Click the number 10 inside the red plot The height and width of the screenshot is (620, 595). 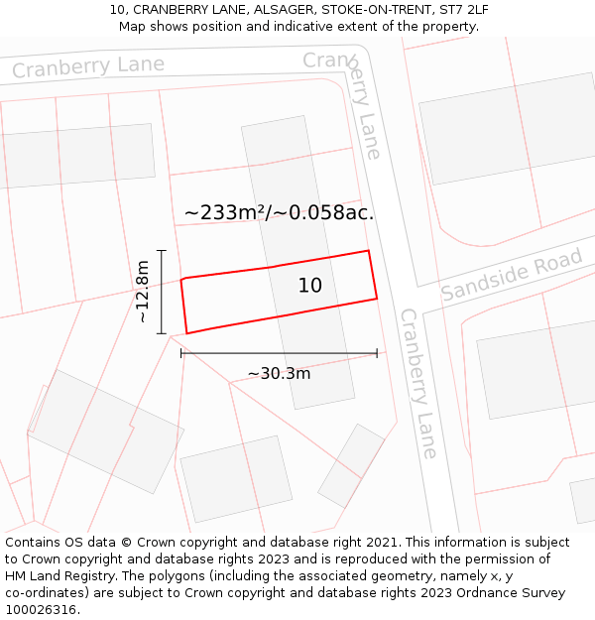point(310,286)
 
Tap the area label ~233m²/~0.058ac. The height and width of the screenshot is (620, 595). point(279,213)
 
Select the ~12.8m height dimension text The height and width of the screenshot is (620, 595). point(143,292)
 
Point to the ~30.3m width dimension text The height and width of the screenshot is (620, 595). point(279,374)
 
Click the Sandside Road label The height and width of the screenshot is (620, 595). point(512,277)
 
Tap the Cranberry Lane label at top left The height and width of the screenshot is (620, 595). point(88,66)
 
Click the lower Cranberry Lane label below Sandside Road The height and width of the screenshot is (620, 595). point(417,383)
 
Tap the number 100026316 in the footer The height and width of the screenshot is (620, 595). point(42,610)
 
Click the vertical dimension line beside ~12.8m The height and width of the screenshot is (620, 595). point(162,292)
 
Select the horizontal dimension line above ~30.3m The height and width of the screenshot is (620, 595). point(279,352)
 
